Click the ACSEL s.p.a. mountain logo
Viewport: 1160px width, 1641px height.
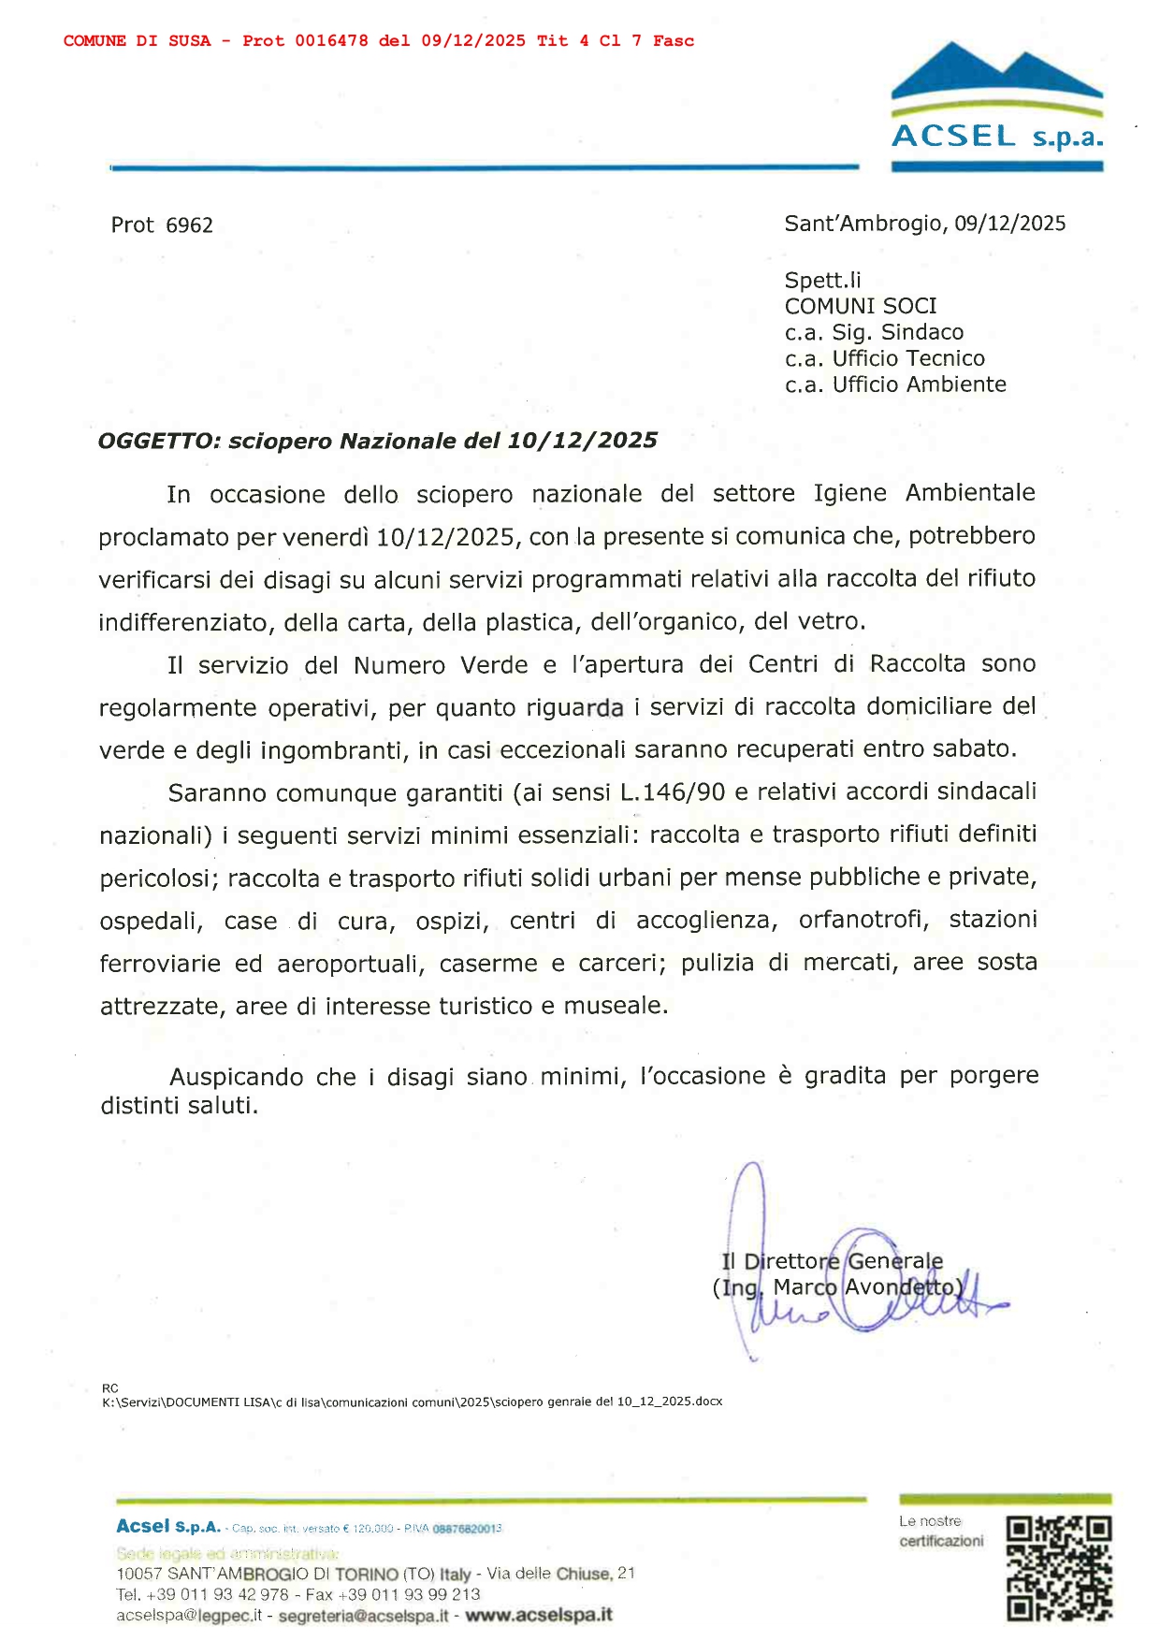tap(996, 105)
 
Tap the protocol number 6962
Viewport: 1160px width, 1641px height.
tap(189, 225)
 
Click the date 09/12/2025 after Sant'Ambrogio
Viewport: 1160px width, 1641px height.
tap(1009, 224)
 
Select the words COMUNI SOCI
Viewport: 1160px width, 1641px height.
tap(860, 306)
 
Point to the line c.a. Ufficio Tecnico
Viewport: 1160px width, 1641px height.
tap(884, 358)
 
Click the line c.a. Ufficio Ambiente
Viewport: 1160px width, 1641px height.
tap(895, 385)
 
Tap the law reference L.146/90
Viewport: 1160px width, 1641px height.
tap(672, 792)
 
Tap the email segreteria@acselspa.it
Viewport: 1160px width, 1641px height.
tap(363, 1616)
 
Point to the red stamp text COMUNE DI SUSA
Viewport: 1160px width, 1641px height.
tap(138, 41)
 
